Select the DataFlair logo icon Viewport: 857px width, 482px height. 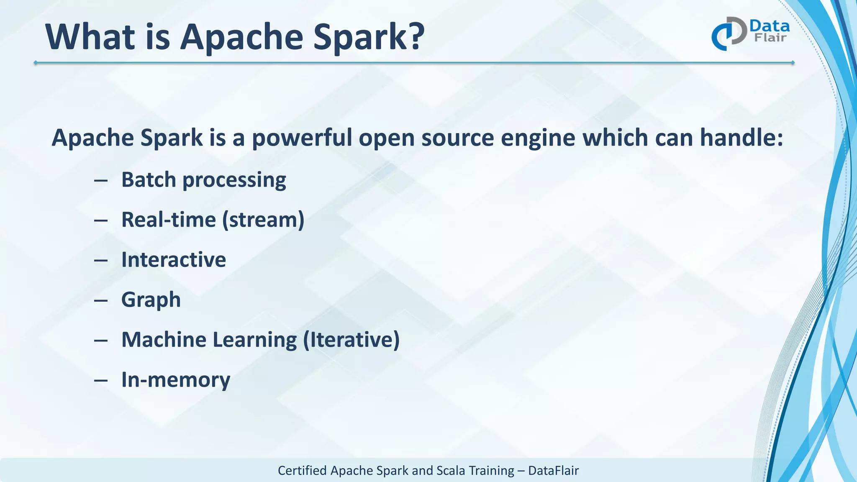729,33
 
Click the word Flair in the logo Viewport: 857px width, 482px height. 770,38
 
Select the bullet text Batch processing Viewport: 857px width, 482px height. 203,180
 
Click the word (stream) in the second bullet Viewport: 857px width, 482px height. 263,220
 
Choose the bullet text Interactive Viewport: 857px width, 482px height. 173,259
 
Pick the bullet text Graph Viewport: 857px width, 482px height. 151,300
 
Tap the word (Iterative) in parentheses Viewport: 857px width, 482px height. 351,339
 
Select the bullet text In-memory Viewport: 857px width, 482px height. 175,380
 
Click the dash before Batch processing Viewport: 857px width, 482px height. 101,181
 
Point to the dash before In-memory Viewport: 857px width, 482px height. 101,381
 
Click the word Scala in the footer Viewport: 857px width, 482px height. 451,471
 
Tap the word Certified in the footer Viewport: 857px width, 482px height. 302,471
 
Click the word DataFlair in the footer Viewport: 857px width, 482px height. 553,471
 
